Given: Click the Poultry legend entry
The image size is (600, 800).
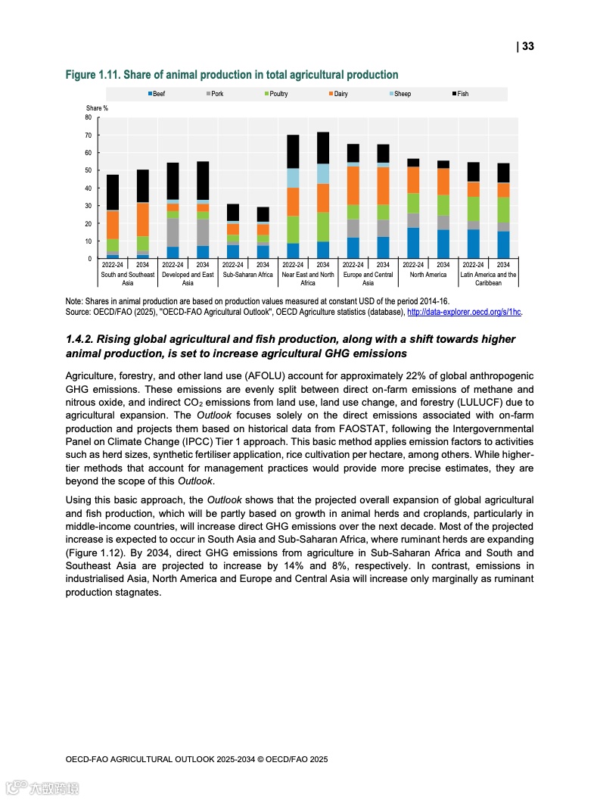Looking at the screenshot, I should pyautogui.click(x=276, y=94).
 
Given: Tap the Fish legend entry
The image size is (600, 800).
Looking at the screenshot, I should pyautogui.click(x=461, y=94).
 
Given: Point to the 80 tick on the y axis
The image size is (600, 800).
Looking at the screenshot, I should pyautogui.click(x=88, y=118).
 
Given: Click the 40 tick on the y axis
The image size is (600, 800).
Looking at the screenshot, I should pyautogui.click(x=88, y=188).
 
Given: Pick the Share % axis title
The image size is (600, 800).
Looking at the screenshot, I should pyautogui.click(x=97, y=108).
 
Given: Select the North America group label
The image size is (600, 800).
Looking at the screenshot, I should pyautogui.click(x=428, y=275).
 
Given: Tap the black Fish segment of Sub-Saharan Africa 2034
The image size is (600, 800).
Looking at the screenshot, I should pyautogui.click(x=263, y=214).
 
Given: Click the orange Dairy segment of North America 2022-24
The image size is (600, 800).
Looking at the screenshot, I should pyautogui.click(x=413, y=180).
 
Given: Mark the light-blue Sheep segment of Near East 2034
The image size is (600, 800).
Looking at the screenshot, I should pyautogui.click(x=323, y=174).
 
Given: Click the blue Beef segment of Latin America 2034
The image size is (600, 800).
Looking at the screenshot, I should pyautogui.click(x=503, y=245).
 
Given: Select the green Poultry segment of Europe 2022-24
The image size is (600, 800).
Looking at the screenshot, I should pyautogui.click(x=353, y=212).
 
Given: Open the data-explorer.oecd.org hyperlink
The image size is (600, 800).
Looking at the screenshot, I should pyautogui.click(x=464, y=311).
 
